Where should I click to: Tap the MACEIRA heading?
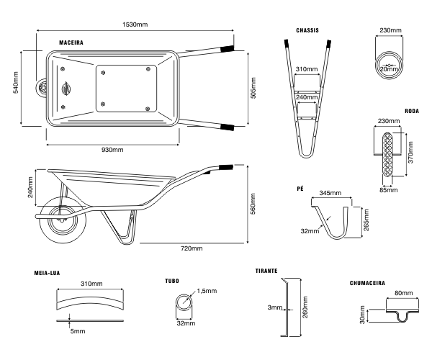(x=71, y=43)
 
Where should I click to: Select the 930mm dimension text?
(x=112, y=150)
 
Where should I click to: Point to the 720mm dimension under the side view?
(x=191, y=248)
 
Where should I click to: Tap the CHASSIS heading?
(x=307, y=31)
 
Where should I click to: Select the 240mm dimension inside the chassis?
(x=307, y=97)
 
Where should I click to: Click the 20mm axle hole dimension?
(x=390, y=69)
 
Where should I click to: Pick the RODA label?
(x=412, y=112)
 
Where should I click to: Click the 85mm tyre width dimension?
(x=390, y=190)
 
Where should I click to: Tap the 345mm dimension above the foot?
(x=330, y=194)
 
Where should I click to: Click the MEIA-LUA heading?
(x=48, y=274)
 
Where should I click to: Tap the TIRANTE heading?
(x=267, y=271)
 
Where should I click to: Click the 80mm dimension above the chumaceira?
(x=404, y=294)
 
